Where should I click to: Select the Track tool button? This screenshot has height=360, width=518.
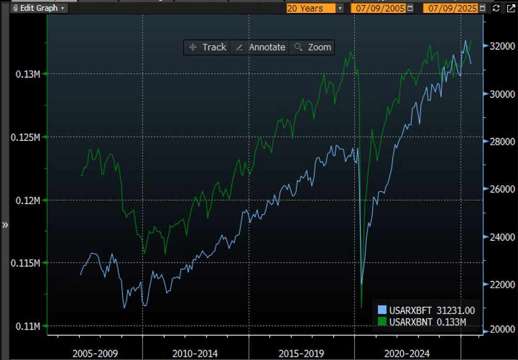208,47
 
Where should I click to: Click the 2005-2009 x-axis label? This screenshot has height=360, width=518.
95,353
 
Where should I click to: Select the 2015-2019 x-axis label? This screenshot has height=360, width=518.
301,353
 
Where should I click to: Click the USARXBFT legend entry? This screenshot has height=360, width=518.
426,310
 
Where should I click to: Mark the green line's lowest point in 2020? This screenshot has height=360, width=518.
361,309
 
